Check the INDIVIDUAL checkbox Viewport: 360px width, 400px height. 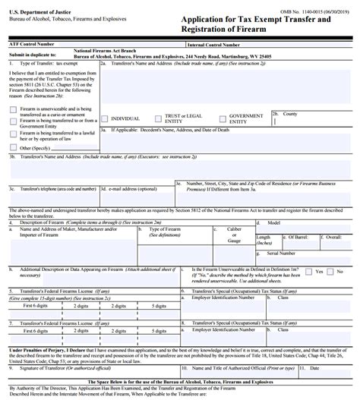tap(106, 118)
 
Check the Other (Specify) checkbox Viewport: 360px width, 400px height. tap(13, 147)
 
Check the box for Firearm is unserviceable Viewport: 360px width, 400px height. tap(13, 109)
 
